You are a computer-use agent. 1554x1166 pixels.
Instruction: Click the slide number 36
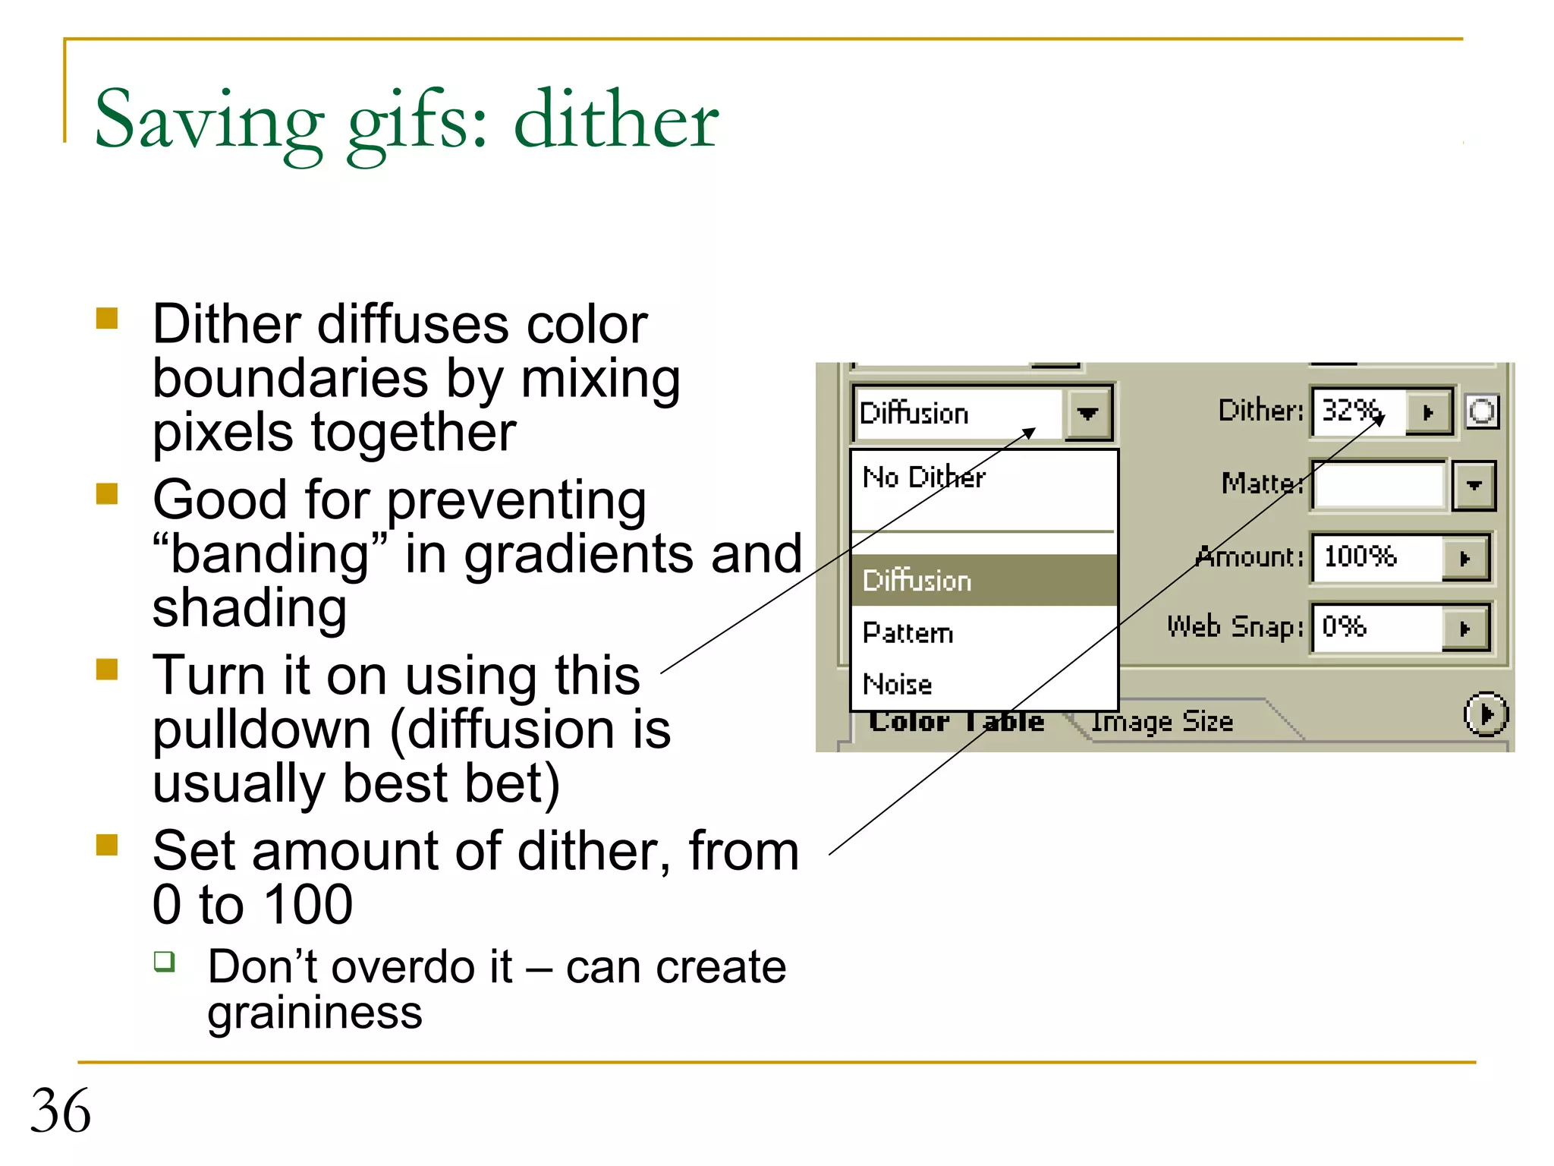(61, 1111)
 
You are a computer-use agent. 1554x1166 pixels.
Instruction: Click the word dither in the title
(616, 120)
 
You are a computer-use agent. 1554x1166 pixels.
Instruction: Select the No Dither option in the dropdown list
(924, 477)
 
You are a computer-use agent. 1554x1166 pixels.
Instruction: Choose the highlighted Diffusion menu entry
(917, 581)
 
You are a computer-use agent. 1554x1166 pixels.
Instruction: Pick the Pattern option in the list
(908, 632)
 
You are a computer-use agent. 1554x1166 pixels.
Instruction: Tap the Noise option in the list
(898, 684)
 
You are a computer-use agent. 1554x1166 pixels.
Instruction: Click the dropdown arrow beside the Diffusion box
(1088, 414)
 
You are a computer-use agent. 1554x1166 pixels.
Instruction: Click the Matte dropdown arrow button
(1474, 485)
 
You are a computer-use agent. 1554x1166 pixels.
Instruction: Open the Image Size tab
(1162, 722)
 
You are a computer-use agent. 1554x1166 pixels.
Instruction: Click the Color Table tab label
(957, 721)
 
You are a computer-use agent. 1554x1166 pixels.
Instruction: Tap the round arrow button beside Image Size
(1486, 714)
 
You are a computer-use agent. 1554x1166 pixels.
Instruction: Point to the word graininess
(315, 1013)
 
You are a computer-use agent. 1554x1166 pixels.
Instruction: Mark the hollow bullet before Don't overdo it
(164, 962)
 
